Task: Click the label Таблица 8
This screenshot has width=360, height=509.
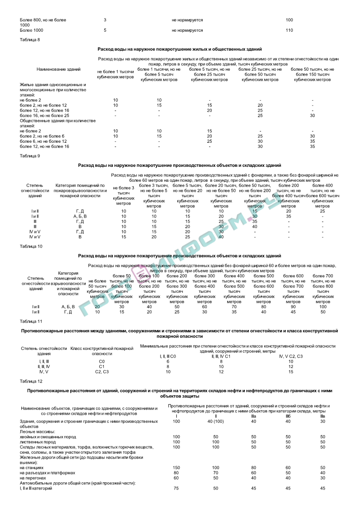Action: pyautogui.click(x=30, y=40)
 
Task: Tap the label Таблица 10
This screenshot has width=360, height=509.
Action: pyautogui.click(x=31, y=246)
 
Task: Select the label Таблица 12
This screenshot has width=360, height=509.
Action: pyautogui.click(x=31, y=381)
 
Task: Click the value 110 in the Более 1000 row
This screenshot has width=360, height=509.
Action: pyautogui.click(x=290, y=30)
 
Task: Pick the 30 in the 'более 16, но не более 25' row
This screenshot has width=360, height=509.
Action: pyautogui.click(x=312, y=116)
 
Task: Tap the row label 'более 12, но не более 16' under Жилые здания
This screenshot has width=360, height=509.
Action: pyautogui.click(x=44, y=110)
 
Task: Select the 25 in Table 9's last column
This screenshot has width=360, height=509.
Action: pyautogui.click(x=322, y=211)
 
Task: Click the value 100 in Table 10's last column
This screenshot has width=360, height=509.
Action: pyautogui.click(x=323, y=307)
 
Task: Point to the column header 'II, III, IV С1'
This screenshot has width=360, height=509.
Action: pyautogui.click(x=221, y=356)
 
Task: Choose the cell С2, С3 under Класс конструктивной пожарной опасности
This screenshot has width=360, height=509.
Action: pyautogui.click(x=102, y=372)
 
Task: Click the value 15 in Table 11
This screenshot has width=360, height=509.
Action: pyautogui.click(x=291, y=372)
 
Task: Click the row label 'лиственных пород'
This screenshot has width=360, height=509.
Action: pyautogui.click(x=38, y=441)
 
